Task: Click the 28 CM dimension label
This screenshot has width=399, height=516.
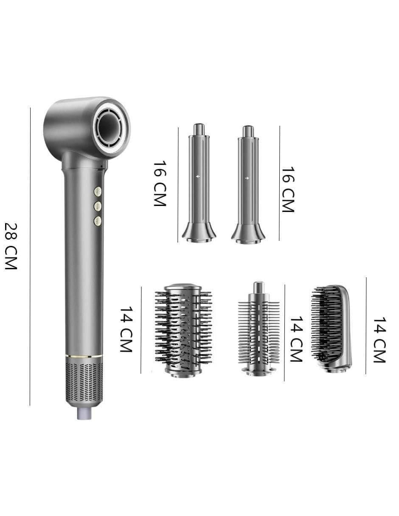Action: point(11,246)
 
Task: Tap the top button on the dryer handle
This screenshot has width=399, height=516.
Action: point(98,192)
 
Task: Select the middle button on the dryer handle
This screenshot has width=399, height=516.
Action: point(98,206)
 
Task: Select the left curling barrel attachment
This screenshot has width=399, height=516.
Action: point(199,183)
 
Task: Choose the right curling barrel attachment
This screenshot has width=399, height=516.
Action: point(248,184)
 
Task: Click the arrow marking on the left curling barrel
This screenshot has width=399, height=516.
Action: point(198,176)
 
